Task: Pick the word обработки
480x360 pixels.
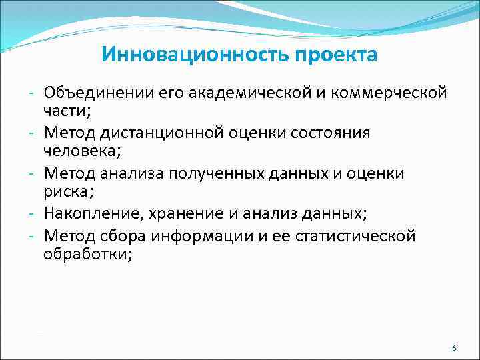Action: [x=88, y=254]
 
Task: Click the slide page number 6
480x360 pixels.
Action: [x=454, y=348]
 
